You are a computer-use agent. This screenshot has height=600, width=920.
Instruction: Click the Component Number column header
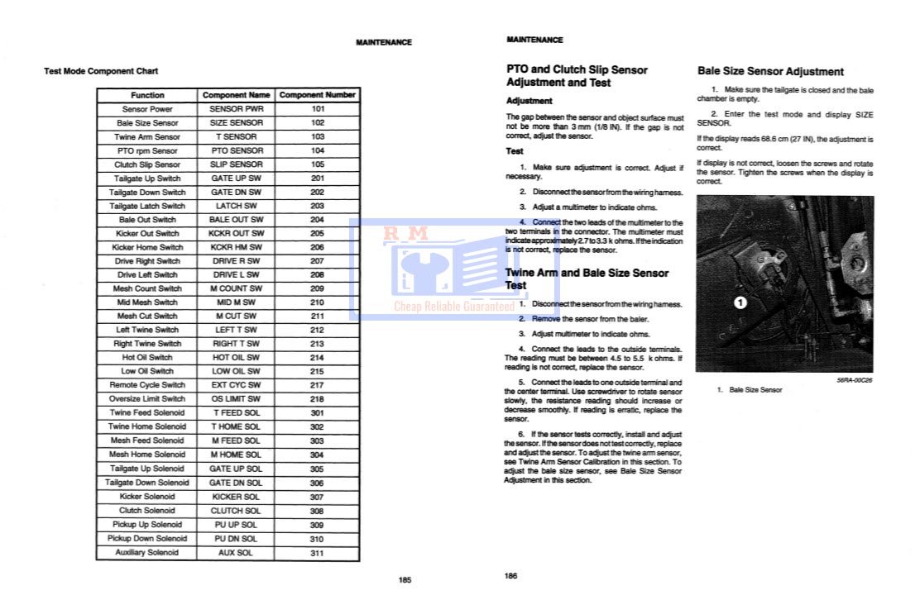pyautogui.click(x=318, y=95)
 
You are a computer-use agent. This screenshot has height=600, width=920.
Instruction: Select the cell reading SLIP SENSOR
pyautogui.click(x=236, y=164)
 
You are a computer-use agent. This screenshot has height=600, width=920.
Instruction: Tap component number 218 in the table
pyautogui.click(x=318, y=399)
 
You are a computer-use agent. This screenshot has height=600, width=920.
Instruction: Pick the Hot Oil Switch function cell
pyautogui.click(x=147, y=358)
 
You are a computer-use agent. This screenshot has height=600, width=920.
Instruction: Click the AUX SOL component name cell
pyautogui.click(x=236, y=553)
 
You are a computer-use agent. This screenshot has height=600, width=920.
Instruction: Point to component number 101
pyautogui.click(x=318, y=109)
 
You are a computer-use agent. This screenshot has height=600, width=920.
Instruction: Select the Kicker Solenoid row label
pyautogui.click(x=147, y=497)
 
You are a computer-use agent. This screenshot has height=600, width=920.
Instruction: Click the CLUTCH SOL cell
pyautogui.click(x=236, y=511)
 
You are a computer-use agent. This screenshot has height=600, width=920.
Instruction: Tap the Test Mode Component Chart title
pyautogui.click(x=101, y=71)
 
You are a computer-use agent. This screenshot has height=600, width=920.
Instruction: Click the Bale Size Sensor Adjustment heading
pyautogui.click(x=770, y=72)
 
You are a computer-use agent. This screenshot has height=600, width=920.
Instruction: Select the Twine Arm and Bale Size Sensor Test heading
pyautogui.click(x=587, y=279)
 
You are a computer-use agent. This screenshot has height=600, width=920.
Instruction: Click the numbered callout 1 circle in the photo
pyautogui.click(x=740, y=302)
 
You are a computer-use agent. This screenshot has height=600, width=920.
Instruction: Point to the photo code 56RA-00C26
pyautogui.click(x=855, y=381)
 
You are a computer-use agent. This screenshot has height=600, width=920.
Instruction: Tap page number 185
pyautogui.click(x=405, y=580)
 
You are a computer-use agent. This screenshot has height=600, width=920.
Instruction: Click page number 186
pyautogui.click(x=510, y=576)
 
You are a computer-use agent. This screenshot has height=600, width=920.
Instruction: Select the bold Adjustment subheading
pyautogui.click(x=529, y=101)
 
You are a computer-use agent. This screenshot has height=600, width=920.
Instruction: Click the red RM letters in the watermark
pyautogui.click(x=405, y=234)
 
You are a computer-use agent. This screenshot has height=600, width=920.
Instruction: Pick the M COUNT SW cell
pyautogui.click(x=236, y=288)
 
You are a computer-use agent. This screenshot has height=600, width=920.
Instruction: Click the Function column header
pyautogui.click(x=147, y=95)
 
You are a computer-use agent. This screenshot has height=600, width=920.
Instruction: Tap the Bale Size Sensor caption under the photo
pyautogui.click(x=754, y=389)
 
